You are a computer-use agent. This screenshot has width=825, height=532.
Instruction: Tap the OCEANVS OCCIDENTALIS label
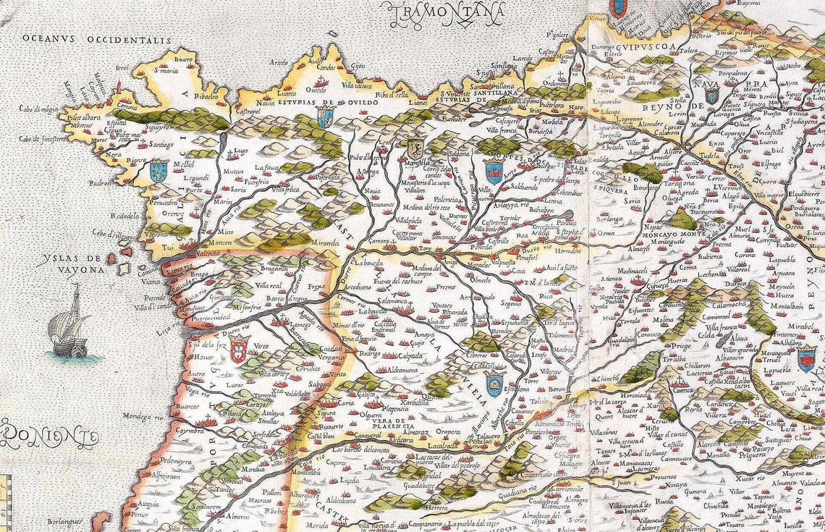(96, 39)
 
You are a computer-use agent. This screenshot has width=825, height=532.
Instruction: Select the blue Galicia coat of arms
(158, 171)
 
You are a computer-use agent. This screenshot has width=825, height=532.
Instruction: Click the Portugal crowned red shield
(239, 347)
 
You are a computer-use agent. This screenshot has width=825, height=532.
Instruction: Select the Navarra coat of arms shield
(711, 94)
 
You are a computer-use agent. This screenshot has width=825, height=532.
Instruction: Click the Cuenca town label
(681, 388)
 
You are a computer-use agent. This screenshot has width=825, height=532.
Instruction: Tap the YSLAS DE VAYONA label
(72, 261)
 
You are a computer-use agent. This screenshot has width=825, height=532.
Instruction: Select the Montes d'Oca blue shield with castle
(494, 172)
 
